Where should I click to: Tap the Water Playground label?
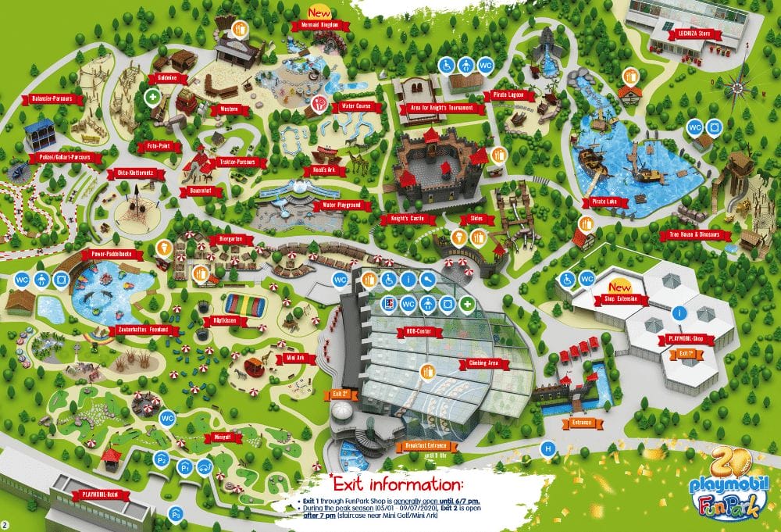341,205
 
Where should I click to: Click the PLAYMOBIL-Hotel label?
99,495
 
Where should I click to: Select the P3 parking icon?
177,513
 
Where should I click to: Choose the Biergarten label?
226,240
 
